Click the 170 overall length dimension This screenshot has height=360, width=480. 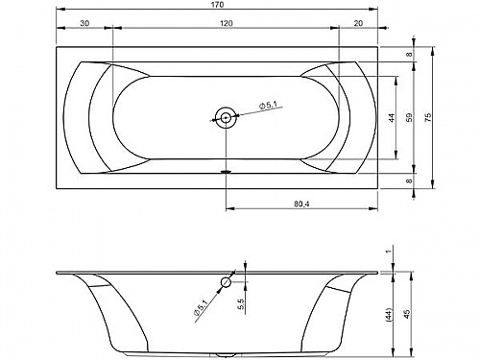click(217, 5)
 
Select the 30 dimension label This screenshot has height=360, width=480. click(84, 23)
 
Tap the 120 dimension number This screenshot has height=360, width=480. click(227, 23)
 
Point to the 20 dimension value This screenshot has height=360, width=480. click(359, 23)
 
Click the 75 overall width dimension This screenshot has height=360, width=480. click(429, 117)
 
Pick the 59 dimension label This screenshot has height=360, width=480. click(410, 117)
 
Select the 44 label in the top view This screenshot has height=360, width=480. click(392, 117)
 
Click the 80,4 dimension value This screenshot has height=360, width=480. click(301, 204)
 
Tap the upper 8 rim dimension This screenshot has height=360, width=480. click(410, 55)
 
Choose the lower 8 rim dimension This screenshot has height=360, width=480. click(410, 180)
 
